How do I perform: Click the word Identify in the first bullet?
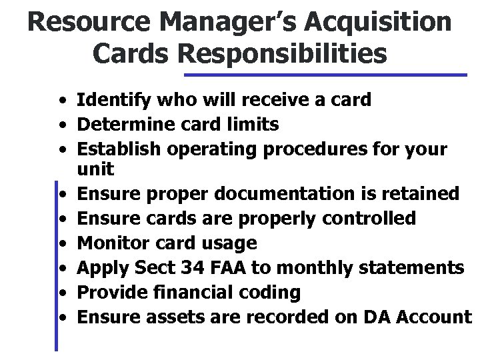click(107, 101)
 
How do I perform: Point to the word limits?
click(253, 123)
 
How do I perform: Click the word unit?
click(96, 169)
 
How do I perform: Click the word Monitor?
click(108, 243)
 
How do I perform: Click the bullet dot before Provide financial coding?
click(61, 292)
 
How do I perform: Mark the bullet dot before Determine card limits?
click(61, 124)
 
